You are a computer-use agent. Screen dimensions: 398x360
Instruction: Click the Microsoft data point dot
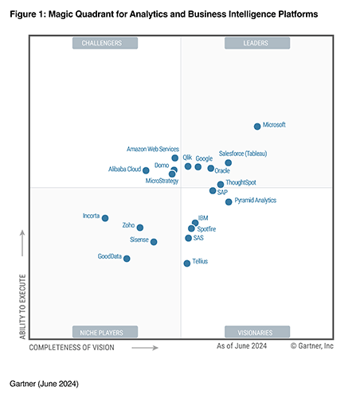[256, 126]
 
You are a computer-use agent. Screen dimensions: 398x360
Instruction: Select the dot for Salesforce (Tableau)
[228, 162]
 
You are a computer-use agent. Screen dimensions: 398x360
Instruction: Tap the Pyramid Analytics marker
[229, 201]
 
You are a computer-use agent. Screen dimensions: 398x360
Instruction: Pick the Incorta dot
[105, 217]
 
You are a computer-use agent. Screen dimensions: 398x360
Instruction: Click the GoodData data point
[127, 258]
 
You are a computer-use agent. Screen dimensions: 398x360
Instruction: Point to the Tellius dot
[187, 263]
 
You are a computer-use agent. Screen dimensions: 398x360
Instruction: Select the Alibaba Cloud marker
[146, 170]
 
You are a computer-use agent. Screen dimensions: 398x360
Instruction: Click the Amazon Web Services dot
[175, 158]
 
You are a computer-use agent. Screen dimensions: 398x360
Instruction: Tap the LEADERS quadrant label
[255, 43]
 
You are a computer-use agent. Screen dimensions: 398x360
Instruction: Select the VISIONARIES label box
[255, 332]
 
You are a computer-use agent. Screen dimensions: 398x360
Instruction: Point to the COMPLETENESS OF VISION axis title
[72, 347]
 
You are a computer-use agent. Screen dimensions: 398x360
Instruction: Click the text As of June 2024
[241, 346]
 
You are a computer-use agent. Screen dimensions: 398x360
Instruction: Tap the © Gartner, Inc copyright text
[312, 346]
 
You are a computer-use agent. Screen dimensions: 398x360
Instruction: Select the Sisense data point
[154, 241]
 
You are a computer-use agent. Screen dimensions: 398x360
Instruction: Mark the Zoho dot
[140, 227]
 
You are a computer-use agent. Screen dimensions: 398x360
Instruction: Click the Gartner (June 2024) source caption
[45, 383]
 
